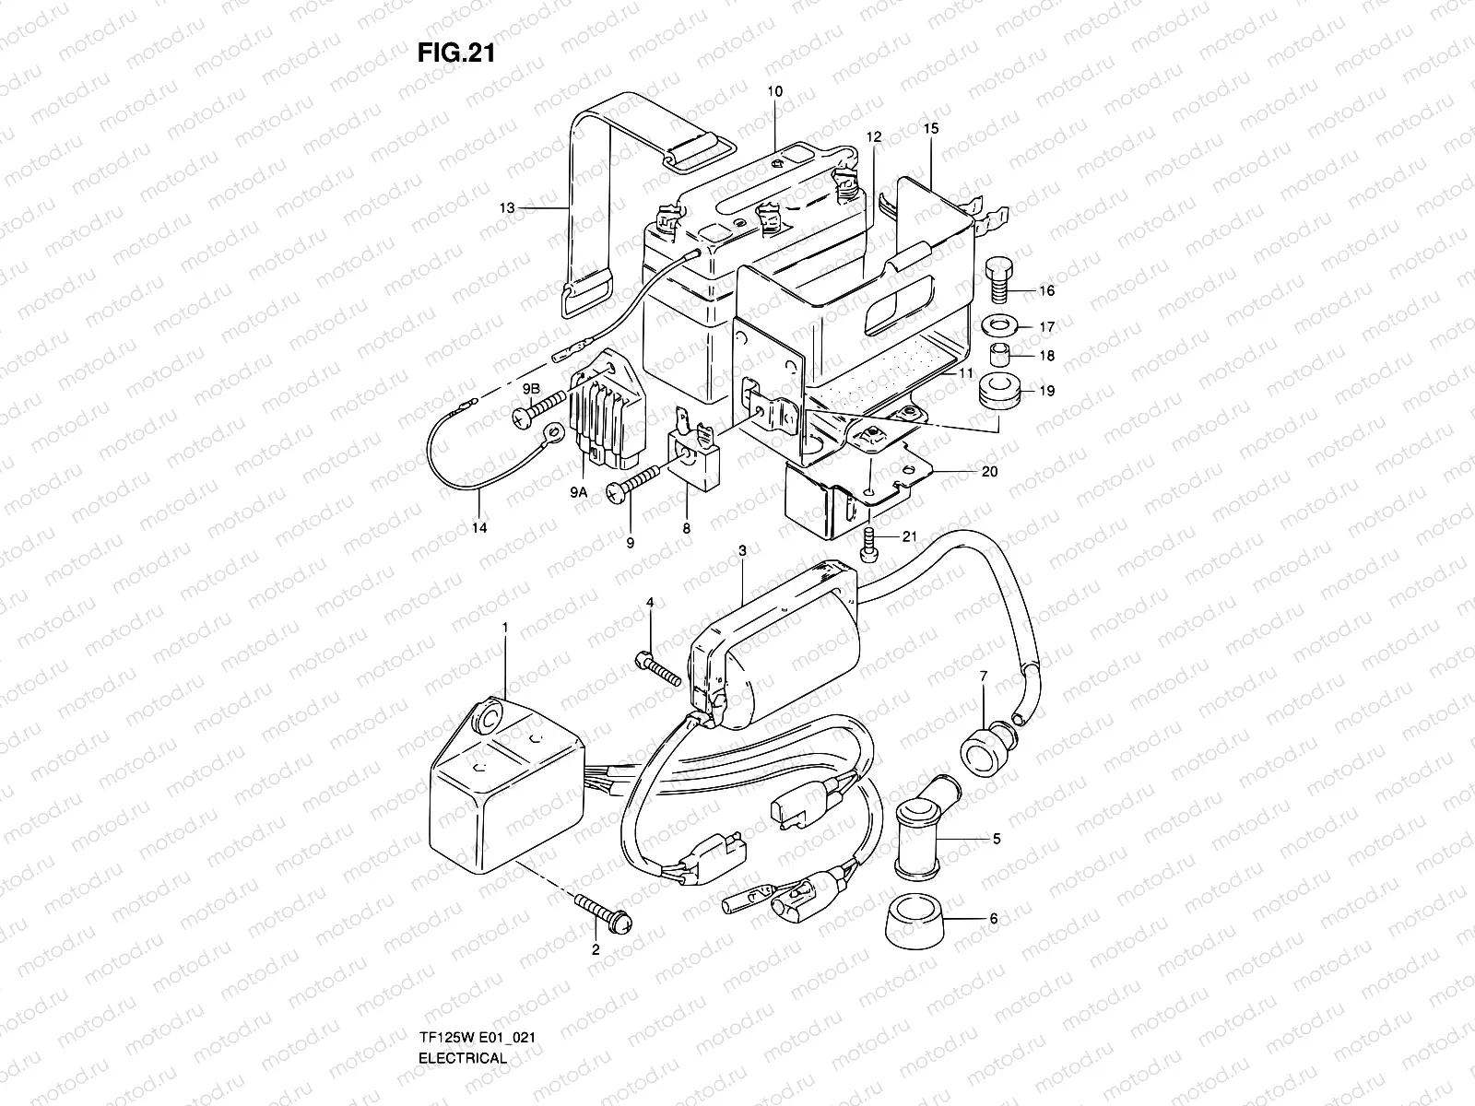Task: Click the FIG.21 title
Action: point(456,53)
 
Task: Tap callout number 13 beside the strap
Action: point(507,208)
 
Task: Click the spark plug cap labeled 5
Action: point(924,822)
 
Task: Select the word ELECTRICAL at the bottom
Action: point(463,1006)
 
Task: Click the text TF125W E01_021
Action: point(477,986)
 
